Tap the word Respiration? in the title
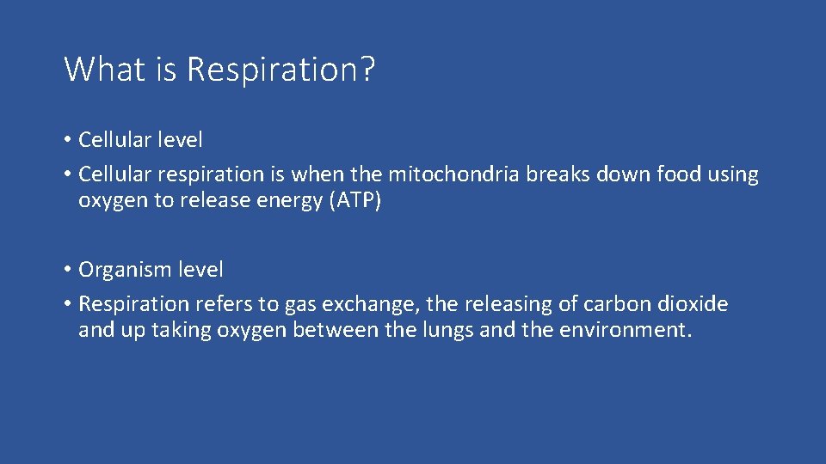pyautogui.click(x=281, y=69)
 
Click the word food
pyautogui.click(x=679, y=174)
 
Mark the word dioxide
pyautogui.click(x=692, y=303)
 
